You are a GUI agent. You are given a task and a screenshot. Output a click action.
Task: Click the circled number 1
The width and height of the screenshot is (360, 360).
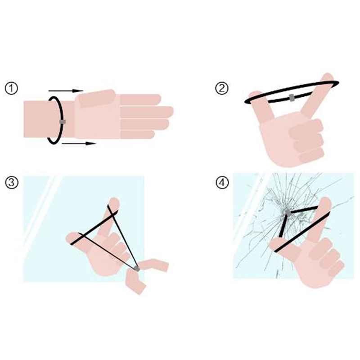tap(11, 89)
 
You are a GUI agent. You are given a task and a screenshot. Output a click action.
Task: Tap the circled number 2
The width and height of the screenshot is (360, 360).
tap(222, 89)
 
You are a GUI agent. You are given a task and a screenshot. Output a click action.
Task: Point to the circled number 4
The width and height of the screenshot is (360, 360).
tap(222, 183)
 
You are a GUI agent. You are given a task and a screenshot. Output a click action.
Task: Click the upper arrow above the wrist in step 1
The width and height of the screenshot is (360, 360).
tap(65, 91)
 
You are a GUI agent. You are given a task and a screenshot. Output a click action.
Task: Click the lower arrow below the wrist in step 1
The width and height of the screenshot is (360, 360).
tap(79, 144)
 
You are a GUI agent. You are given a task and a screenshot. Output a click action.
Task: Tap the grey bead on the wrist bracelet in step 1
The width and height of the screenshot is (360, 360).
tap(63, 121)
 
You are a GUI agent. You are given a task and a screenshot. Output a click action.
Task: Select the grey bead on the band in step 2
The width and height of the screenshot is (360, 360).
tap(292, 98)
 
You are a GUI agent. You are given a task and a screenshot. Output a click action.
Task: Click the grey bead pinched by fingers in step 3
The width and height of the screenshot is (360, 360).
tap(137, 268)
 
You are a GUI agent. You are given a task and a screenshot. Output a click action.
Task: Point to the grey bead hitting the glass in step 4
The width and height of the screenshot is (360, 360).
tap(288, 212)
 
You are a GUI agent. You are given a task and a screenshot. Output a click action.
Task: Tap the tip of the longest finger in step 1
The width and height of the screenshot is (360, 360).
tap(173, 112)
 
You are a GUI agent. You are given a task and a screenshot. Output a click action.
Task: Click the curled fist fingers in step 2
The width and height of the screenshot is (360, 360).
tap(307, 140)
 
